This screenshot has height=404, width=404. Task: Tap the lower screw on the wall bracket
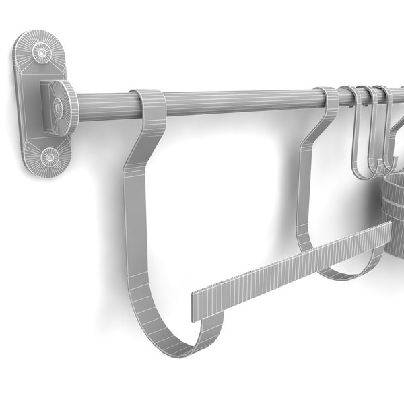[x=48, y=156]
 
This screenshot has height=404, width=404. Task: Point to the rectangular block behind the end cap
[x=47, y=104]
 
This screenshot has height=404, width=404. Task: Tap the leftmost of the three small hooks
[x=354, y=135]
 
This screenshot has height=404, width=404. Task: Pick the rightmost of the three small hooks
[x=384, y=135]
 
